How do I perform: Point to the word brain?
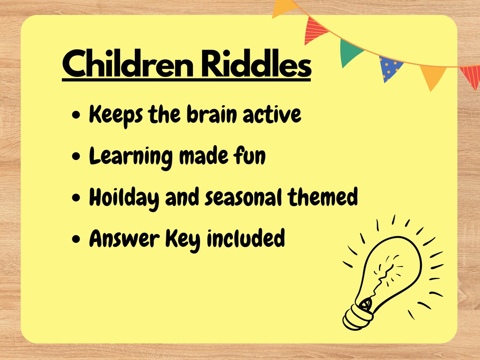[x=213, y=114]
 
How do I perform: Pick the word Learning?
[x=131, y=157]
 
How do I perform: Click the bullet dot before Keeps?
[x=76, y=116]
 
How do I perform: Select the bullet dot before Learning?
[x=76, y=157]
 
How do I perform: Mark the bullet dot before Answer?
[x=76, y=240]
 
